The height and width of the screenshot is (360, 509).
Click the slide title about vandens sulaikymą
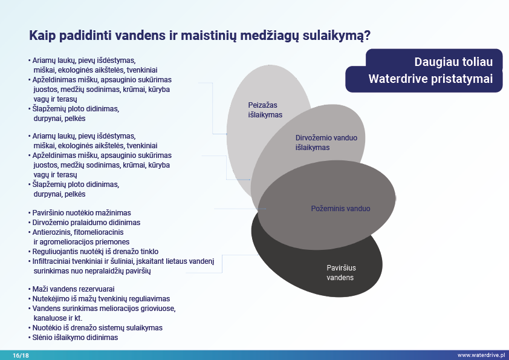tap(200, 36)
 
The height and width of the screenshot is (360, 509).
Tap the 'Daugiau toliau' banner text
tap(453, 62)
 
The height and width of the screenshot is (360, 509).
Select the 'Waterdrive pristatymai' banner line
tap(430, 79)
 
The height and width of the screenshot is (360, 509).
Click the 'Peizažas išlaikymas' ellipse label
tap(265, 110)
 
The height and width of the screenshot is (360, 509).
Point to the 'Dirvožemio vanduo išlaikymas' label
tap(326, 142)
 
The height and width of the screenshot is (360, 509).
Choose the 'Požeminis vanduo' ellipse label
tap(340, 208)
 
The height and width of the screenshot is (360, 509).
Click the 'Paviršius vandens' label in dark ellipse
tap(340, 272)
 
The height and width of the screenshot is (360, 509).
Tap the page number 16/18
tap(21, 355)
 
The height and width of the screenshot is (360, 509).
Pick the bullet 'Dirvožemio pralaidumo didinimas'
tap(86, 223)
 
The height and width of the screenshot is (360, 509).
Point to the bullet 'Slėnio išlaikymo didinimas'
tap(76, 338)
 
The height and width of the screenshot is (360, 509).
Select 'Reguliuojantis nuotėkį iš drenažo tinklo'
tap(97, 251)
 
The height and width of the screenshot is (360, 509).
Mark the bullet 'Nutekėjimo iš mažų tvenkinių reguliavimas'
tap(102, 299)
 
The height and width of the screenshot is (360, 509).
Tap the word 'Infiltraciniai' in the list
tap(54, 261)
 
